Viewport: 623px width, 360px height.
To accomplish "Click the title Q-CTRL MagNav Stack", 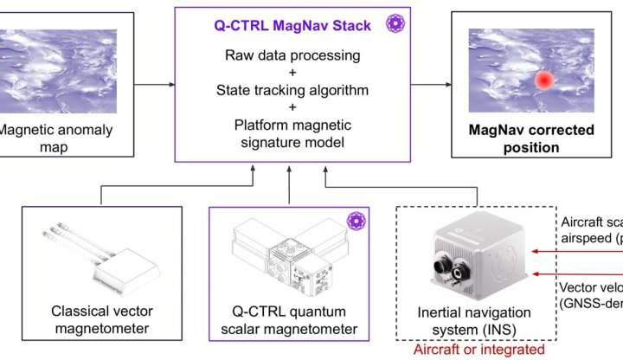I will click(x=292, y=25).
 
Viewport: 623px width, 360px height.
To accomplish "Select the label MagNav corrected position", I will click(x=531, y=138).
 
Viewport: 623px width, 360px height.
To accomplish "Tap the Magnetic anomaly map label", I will click(x=42, y=138).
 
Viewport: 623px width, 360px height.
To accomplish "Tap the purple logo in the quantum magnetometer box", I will click(x=354, y=221).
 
